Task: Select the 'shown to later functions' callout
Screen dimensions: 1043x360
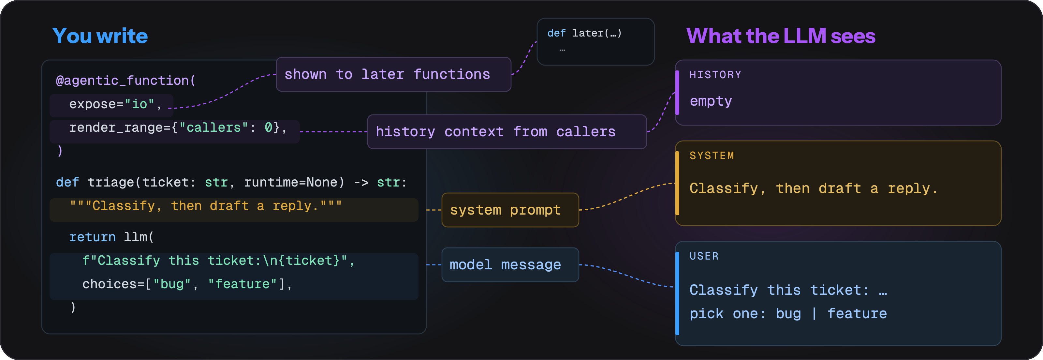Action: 393,74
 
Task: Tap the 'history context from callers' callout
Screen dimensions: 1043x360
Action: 507,132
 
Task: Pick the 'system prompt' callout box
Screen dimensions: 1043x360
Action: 510,210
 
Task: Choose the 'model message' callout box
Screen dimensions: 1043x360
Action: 510,265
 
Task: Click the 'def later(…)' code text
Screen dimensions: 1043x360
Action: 584,33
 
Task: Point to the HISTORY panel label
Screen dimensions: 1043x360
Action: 715,75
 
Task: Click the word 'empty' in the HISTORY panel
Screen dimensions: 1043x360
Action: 711,101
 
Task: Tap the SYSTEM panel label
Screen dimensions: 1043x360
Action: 712,156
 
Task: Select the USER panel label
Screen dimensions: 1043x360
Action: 704,256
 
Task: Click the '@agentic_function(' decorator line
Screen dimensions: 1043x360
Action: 125,81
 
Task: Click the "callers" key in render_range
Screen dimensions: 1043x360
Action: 213,127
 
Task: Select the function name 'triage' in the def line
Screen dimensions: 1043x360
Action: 110,182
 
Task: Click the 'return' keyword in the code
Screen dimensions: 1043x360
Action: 92,237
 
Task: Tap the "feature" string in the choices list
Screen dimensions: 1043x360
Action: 242,284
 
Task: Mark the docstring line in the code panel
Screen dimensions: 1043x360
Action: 206,206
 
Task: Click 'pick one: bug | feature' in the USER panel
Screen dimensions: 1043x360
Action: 788,314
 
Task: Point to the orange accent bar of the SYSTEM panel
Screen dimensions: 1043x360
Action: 677,183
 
